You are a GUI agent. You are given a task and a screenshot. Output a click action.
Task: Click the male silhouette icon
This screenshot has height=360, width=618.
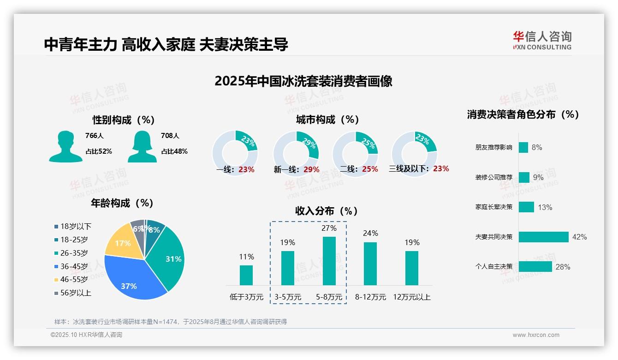(65, 146)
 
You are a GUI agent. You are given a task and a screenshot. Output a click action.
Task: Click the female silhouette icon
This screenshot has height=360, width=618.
(142, 146)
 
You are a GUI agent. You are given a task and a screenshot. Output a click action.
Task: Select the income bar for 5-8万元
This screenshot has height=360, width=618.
(329, 261)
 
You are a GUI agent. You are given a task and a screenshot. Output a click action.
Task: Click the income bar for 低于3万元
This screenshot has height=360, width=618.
(246, 275)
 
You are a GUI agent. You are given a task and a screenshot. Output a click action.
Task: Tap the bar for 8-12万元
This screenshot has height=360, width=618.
(370, 264)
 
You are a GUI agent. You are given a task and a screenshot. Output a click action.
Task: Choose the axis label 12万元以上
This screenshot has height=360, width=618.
(412, 297)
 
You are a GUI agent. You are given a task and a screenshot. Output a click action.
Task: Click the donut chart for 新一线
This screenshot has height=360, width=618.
(296, 153)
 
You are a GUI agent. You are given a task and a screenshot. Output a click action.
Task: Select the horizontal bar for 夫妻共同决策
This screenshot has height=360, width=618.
(543, 237)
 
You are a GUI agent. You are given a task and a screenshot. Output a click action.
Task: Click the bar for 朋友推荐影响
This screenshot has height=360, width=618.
(523, 147)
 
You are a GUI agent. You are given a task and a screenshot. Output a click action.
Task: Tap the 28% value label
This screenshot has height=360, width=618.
(563, 267)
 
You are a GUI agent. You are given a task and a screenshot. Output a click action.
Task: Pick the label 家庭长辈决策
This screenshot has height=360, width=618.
(493, 207)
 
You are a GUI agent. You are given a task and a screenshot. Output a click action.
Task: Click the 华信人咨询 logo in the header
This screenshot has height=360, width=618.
(542, 40)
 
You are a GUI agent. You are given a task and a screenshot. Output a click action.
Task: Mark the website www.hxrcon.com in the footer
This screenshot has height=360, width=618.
(536, 335)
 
